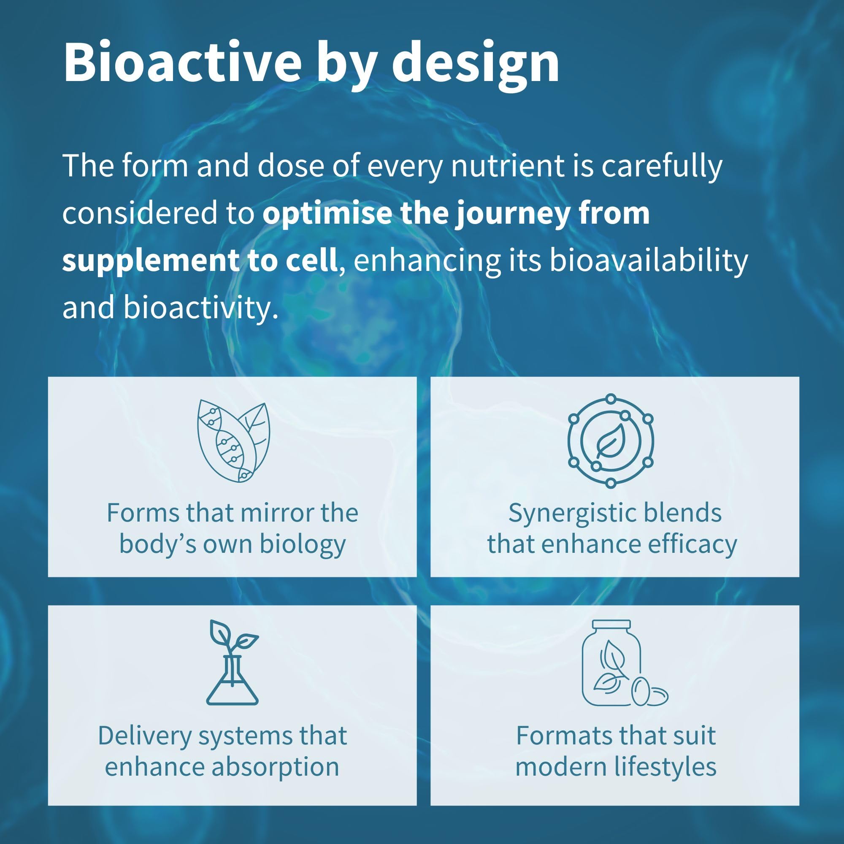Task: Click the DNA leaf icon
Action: click(234, 441)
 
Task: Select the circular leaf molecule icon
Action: click(611, 441)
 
